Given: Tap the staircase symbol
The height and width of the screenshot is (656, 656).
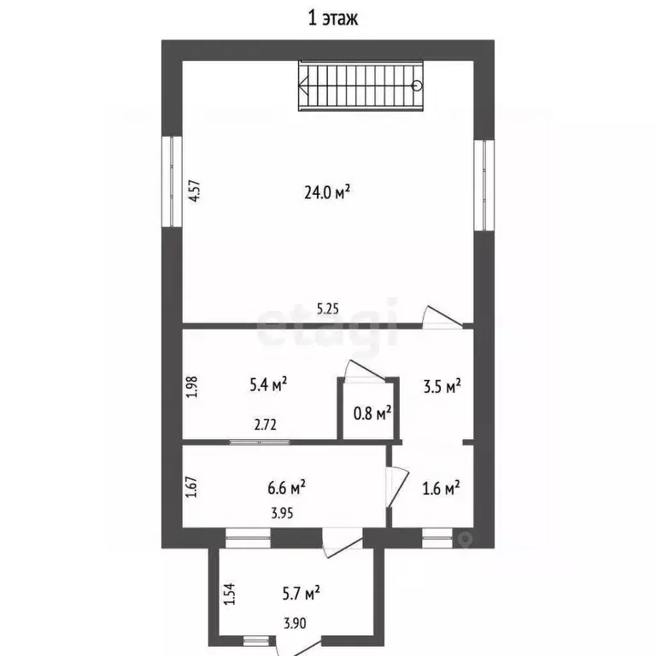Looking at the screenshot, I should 360,85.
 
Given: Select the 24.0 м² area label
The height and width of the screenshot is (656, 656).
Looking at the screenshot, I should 327,193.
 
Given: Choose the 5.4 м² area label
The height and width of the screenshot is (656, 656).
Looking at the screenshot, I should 267,385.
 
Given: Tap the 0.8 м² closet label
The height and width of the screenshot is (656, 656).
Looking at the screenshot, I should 372,414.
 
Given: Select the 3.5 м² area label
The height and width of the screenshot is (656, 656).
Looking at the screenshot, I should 442,385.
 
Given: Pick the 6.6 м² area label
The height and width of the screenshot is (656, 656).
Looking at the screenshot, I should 287,488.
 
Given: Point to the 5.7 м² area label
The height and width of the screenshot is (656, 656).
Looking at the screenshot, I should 302,590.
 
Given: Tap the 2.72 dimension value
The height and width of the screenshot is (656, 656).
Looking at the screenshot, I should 263,423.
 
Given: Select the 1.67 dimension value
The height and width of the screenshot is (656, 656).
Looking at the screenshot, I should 192,488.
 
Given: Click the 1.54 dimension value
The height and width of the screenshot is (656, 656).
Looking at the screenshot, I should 228,593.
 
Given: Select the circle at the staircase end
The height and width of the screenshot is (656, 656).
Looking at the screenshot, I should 417,85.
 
